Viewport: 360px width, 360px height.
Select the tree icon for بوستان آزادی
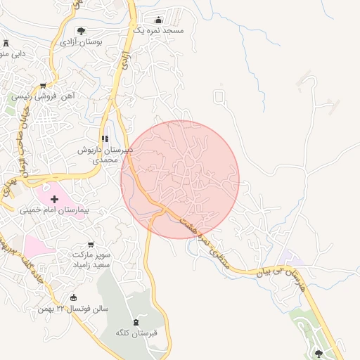pos(82,31)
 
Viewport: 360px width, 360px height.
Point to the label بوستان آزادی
pos(81,42)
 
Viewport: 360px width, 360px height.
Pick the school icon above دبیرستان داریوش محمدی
pos(105,139)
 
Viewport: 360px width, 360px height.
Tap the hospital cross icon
pos(55,200)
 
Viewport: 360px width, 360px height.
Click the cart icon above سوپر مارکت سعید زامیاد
pos(90,244)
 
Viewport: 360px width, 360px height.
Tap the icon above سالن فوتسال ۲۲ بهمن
pos(74,299)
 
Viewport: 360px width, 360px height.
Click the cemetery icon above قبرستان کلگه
pos(136,321)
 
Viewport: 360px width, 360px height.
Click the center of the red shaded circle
pos(180,179)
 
